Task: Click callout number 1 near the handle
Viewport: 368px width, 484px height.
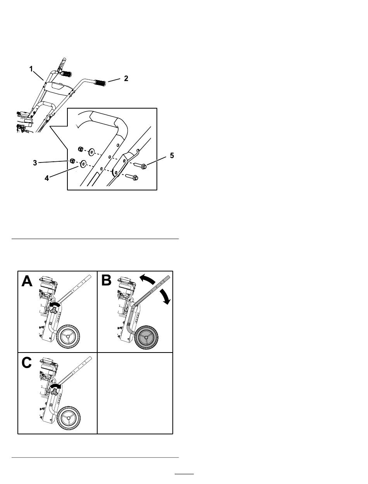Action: (31, 69)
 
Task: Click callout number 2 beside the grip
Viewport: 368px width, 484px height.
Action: (126, 78)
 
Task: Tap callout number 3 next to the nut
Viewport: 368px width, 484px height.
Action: (35, 163)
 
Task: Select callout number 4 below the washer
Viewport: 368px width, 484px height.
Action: (47, 178)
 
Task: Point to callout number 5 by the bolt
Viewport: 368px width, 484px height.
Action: (172, 156)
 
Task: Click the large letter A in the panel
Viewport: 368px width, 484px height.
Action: (27, 281)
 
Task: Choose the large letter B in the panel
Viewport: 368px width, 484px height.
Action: (107, 281)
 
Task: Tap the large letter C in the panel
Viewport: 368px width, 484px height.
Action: (27, 363)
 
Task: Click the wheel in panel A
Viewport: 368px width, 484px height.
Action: (68, 337)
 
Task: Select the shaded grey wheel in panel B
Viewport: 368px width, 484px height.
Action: (146, 337)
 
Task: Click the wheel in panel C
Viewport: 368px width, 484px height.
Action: (68, 418)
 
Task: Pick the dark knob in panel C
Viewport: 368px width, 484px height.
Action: (54, 392)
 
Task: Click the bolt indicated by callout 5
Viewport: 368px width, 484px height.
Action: (140, 166)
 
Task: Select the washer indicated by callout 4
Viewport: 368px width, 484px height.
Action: (83, 164)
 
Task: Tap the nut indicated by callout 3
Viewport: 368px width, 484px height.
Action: (72, 161)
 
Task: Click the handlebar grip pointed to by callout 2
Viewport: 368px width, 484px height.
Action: (100, 83)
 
